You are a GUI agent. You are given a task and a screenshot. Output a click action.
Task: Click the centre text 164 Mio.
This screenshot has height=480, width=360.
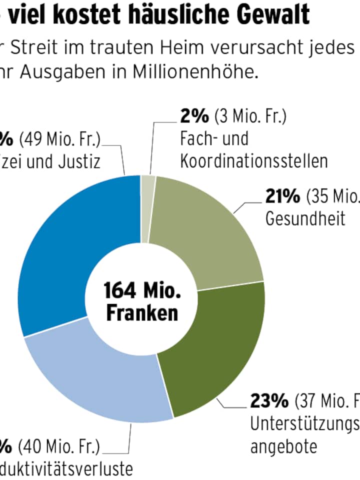[141, 290]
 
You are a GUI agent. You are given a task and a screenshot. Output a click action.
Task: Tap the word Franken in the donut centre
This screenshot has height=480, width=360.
[142, 313]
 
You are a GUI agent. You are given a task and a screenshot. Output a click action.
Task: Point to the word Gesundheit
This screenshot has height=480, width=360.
[305, 219]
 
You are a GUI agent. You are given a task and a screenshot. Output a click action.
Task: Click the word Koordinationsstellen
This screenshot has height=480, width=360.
[254, 161]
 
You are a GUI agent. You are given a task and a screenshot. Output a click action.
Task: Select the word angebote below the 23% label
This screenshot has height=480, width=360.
[283, 446]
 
